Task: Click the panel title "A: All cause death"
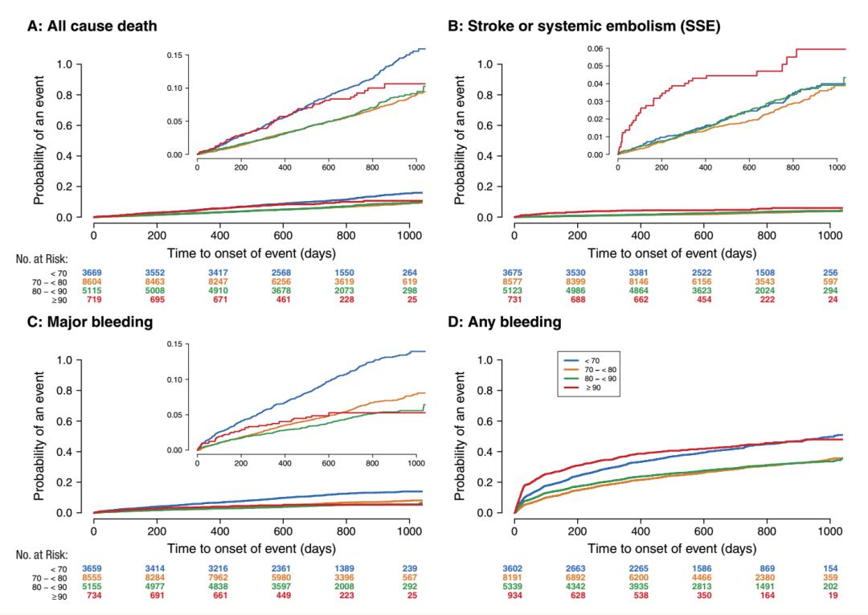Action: point(92,26)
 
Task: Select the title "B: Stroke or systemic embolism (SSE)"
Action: point(583,26)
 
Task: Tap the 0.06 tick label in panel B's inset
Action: point(594,49)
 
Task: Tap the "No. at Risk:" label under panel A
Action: point(43,259)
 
